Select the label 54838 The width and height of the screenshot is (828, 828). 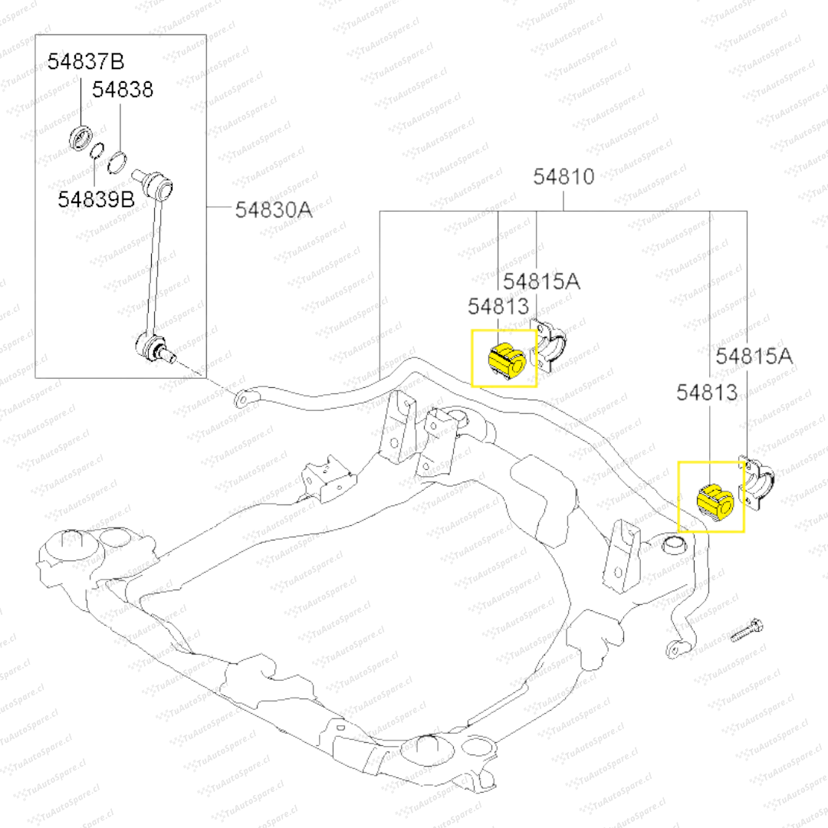coord(123,90)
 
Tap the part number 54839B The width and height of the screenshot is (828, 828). coord(97,199)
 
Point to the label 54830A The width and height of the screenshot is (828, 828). coord(274,209)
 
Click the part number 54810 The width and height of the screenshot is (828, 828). coord(563,177)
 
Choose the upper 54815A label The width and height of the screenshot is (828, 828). coord(541,281)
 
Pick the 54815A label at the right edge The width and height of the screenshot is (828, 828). coord(754,356)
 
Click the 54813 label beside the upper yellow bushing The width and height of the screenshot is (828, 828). coord(498,307)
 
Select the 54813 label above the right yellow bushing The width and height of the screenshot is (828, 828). coord(707,393)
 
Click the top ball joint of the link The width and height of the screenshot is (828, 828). coord(160,182)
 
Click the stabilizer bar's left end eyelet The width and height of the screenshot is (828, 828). coord(243,399)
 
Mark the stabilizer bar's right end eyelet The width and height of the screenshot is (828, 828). coord(675,649)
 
